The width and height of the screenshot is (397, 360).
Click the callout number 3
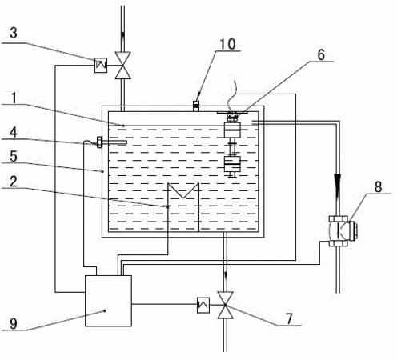coord(14,33)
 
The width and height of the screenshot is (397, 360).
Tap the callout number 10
coord(227,44)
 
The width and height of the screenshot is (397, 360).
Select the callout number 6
coord(321,54)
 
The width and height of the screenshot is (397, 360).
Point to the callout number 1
coord(14,98)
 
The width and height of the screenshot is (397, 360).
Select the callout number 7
coord(289,318)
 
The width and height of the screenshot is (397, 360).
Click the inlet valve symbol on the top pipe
coord(122,66)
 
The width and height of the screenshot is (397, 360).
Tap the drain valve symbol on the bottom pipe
coord(226,305)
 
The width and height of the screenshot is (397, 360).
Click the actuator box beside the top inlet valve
coord(101,65)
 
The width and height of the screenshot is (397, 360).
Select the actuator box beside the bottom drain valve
coord(203,305)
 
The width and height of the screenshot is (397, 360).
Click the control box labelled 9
coord(108,301)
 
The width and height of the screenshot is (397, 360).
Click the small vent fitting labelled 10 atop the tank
coord(196,106)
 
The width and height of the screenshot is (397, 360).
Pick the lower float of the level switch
coord(232,164)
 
